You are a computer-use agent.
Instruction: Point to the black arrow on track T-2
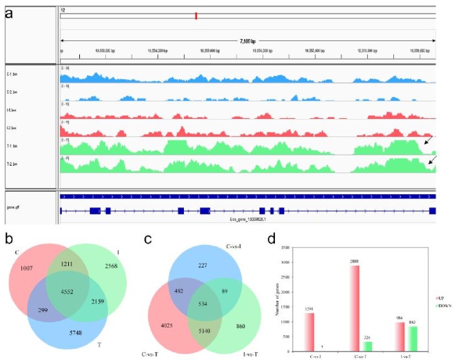432,158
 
